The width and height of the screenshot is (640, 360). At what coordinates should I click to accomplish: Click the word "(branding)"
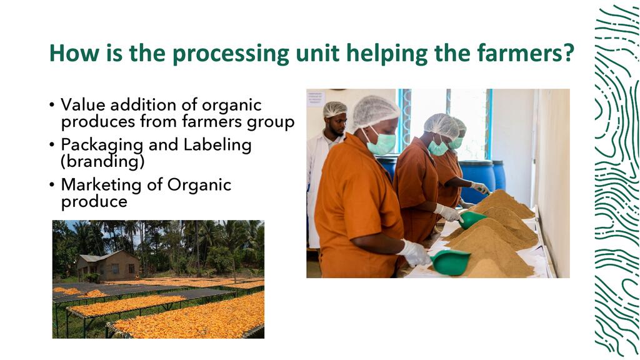102,162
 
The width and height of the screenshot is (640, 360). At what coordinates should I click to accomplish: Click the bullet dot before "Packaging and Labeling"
51,145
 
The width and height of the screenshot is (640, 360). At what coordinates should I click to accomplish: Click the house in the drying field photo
109,265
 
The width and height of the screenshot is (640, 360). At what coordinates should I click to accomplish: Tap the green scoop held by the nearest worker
450,262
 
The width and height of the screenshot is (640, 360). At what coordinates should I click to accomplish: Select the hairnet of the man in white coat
335,109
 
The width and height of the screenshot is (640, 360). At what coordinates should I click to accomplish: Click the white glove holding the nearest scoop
414,253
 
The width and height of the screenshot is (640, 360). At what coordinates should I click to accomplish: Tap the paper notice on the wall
316,98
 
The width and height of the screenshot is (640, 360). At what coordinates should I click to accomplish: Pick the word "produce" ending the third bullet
94,202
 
